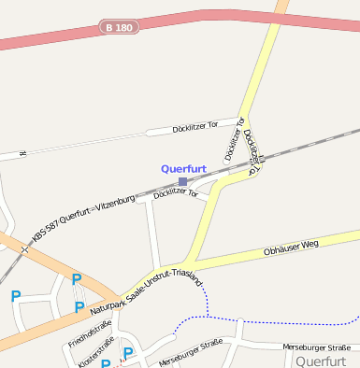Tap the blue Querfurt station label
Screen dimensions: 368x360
click(x=183, y=169)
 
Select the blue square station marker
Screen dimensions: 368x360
click(x=183, y=181)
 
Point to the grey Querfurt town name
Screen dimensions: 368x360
click(x=321, y=360)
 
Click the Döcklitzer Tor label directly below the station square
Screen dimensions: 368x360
click(x=175, y=193)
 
